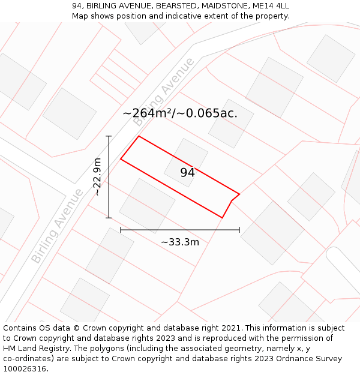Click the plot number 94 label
187,173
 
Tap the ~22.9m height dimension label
97,177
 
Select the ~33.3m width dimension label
180,242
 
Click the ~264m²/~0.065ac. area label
180,113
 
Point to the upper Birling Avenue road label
164,92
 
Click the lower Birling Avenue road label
58,226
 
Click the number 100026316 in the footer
25,368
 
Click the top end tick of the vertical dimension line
109,137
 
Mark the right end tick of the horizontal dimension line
239,229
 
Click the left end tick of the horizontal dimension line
121,229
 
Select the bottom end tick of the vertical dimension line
109,218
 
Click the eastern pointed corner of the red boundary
239,194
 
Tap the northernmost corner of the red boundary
139,136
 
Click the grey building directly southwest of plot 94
147,205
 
